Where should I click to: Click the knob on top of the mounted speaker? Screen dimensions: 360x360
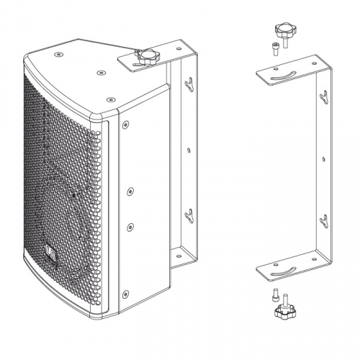147,57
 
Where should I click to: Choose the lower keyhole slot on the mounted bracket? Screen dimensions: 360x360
189,214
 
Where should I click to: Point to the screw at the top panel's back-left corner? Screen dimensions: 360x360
60,50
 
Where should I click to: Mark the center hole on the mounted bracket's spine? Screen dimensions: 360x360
189,150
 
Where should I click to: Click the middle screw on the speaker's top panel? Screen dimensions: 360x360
99,72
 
